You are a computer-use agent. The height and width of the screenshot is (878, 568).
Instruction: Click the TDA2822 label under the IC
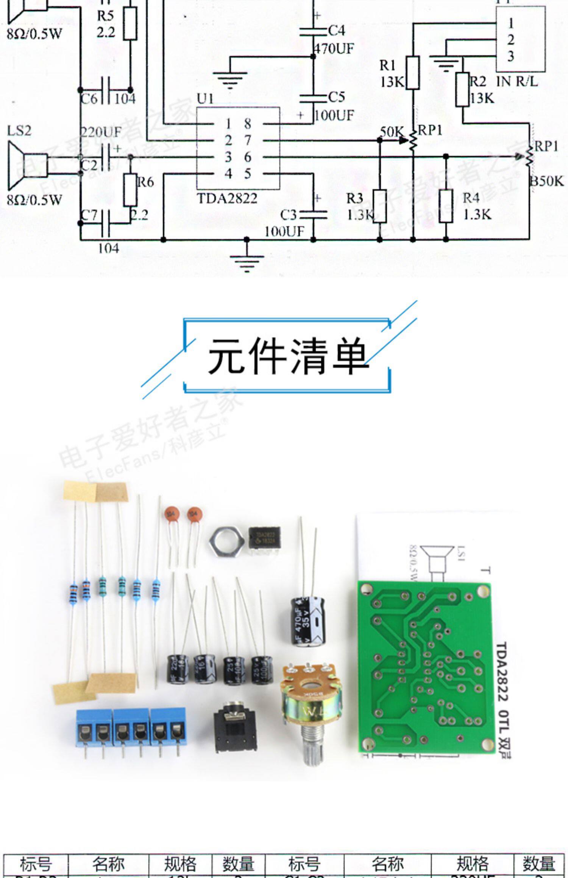click(x=227, y=198)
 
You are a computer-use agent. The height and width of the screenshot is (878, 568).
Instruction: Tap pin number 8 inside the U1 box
click(x=248, y=124)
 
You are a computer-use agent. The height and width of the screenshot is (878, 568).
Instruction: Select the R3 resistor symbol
click(x=380, y=206)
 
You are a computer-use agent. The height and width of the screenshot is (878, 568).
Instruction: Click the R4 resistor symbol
click(x=446, y=206)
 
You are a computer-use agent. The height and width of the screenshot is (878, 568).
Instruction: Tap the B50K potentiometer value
click(x=547, y=182)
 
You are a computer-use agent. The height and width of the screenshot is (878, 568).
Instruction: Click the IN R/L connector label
click(x=517, y=81)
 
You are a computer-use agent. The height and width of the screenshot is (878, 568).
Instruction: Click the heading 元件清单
click(x=287, y=356)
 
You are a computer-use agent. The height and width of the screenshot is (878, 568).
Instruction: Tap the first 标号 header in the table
click(x=36, y=864)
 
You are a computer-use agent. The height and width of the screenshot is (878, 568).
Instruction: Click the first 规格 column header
click(x=180, y=864)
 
